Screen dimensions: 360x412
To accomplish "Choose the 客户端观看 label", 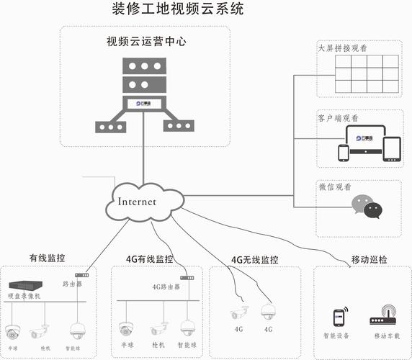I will (x=339, y=117).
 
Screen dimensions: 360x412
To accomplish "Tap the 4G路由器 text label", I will (x=166, y=286).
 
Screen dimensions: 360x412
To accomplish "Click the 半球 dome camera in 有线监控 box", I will (x=12, y=331).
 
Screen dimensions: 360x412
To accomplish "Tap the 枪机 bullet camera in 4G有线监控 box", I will (x=159, y=329).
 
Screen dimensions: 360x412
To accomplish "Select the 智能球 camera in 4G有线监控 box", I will (x=189, y=328).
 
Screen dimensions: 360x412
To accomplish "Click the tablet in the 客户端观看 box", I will (x=392, y=148).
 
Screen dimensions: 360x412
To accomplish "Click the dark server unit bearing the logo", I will (x=142, y=104).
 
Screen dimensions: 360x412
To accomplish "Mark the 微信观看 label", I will (x=334, y=186).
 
